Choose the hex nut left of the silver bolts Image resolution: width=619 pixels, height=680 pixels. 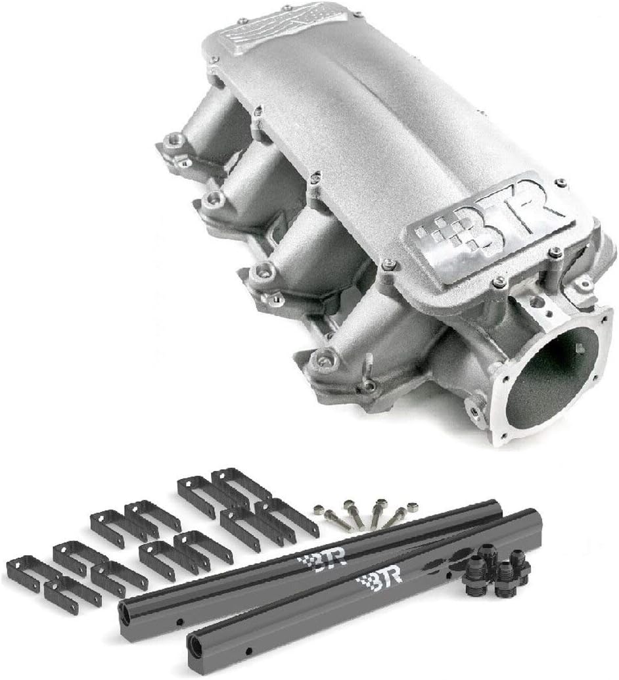click(319, 509)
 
